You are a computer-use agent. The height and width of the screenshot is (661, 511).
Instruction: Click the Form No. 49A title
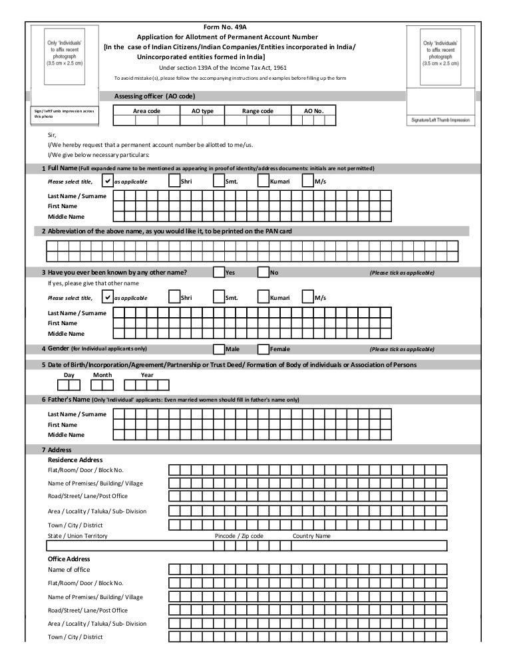[x=228, y=27]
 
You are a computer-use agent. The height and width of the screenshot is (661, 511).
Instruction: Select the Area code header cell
[x=146, y=111]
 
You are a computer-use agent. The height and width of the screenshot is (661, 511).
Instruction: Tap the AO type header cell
[x=202, y=111]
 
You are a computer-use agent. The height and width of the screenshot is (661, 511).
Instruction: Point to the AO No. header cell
[x=313, y=111]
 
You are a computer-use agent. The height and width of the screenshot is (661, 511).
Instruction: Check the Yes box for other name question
[x=218, y=272]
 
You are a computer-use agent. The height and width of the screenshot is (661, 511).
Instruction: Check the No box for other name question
[x=263, y=272]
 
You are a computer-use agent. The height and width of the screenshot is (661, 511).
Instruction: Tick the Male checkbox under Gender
[x=218, y=348]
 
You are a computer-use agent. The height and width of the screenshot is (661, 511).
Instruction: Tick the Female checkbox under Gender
[x=263, y=348]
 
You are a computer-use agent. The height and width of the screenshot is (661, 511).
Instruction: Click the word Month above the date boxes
[x=102, y=375]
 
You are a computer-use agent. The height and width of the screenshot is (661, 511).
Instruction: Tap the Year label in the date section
[x=147, y=375]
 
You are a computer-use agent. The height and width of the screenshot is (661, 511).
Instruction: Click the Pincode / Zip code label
[x=239, y=536]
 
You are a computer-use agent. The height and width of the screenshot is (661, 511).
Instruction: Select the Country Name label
[x=311, y=536]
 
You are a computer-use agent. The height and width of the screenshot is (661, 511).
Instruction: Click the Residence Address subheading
[x=75, y=460]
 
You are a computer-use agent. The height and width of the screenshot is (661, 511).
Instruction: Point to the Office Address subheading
[x=69, y=559]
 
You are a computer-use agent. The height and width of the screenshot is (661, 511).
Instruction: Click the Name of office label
[x=69, y=570]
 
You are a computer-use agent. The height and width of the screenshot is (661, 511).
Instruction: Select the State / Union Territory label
[x=78, y=536]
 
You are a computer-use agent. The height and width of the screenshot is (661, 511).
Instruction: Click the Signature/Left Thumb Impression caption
[x=440, y=121]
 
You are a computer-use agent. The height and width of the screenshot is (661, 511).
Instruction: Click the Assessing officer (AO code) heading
[x=155, y=96]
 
